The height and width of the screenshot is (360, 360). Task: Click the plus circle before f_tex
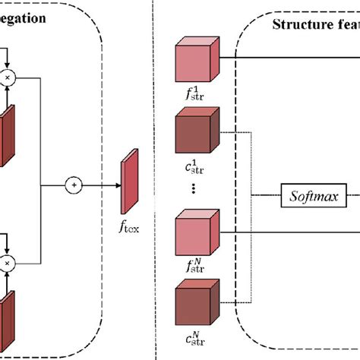coord(74,185)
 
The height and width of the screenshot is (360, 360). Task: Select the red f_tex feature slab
coord(128,181)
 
